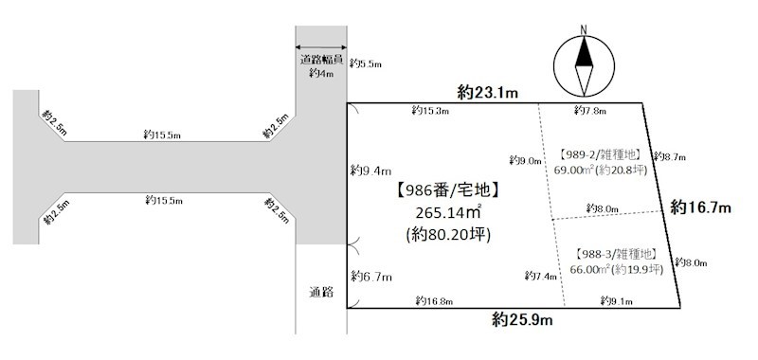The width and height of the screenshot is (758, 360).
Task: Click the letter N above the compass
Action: coord(584,29)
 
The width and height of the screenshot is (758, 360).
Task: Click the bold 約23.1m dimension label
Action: coord(488,93)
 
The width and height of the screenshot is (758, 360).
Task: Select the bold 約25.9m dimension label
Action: coord(523,319)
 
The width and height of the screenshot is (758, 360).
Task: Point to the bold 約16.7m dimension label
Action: coord(700,208)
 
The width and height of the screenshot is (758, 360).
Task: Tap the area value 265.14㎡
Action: coord(449,212)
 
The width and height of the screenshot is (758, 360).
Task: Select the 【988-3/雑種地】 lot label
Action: coord(616,254)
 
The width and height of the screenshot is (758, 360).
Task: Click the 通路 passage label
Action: coord(321,293)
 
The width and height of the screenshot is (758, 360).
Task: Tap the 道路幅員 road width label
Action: coord(321,61)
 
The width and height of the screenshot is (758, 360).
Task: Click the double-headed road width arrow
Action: coord(321,47)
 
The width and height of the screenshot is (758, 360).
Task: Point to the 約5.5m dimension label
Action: coord(366,63)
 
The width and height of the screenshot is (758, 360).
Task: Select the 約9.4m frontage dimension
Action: coord(370,171)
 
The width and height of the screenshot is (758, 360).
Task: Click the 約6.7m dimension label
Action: coord(370,277)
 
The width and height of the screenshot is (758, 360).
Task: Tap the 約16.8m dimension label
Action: coord(434,301)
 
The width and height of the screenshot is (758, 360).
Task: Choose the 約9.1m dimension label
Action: coord(617,300)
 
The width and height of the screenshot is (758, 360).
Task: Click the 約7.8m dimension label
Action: coord(590,111)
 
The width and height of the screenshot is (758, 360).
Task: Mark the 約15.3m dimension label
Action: coord(431,111)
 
